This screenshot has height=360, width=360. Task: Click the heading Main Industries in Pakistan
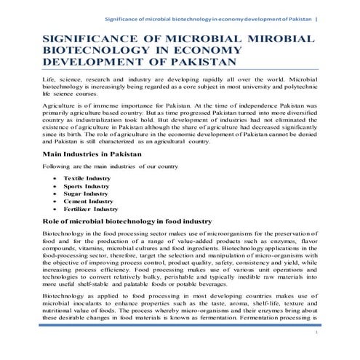93,155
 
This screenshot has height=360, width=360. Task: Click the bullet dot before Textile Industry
56,178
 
